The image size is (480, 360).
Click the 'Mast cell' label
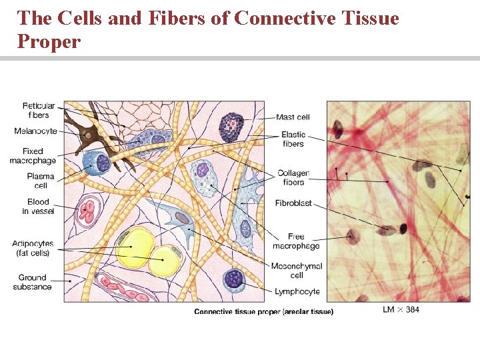293,117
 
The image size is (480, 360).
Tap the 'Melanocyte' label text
35,131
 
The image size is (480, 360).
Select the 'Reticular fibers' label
39,110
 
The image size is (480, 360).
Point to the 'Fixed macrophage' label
33,156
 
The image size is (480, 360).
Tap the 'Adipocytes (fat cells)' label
33,248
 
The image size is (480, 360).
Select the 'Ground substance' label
32,282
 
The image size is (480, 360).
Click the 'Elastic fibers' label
293,139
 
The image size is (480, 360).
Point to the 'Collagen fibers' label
293,177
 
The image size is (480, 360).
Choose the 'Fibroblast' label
293,203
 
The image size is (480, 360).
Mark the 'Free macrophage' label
296,241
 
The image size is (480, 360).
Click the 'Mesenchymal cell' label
297,270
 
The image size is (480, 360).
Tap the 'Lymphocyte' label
297,291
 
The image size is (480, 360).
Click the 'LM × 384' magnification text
401,309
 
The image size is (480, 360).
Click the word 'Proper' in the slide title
49,42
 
